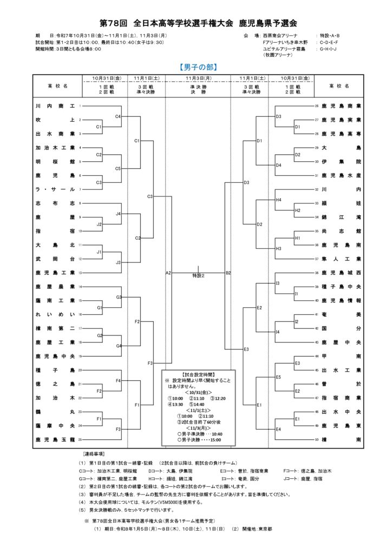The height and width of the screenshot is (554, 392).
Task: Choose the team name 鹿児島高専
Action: (341, 134)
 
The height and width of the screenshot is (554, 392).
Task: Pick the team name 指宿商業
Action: (341, 398)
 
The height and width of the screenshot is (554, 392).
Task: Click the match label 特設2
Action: (198, 276)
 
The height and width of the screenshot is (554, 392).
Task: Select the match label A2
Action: (168, 273)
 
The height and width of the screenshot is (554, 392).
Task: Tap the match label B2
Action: (228, 273)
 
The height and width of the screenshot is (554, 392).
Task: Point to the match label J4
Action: (118, 214)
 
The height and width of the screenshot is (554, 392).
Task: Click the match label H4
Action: (279, 200)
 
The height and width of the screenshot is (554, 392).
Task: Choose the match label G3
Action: (118, 297)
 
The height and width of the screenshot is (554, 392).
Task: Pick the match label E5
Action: (279, 377)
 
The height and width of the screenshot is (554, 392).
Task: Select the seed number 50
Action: (316, 440)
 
